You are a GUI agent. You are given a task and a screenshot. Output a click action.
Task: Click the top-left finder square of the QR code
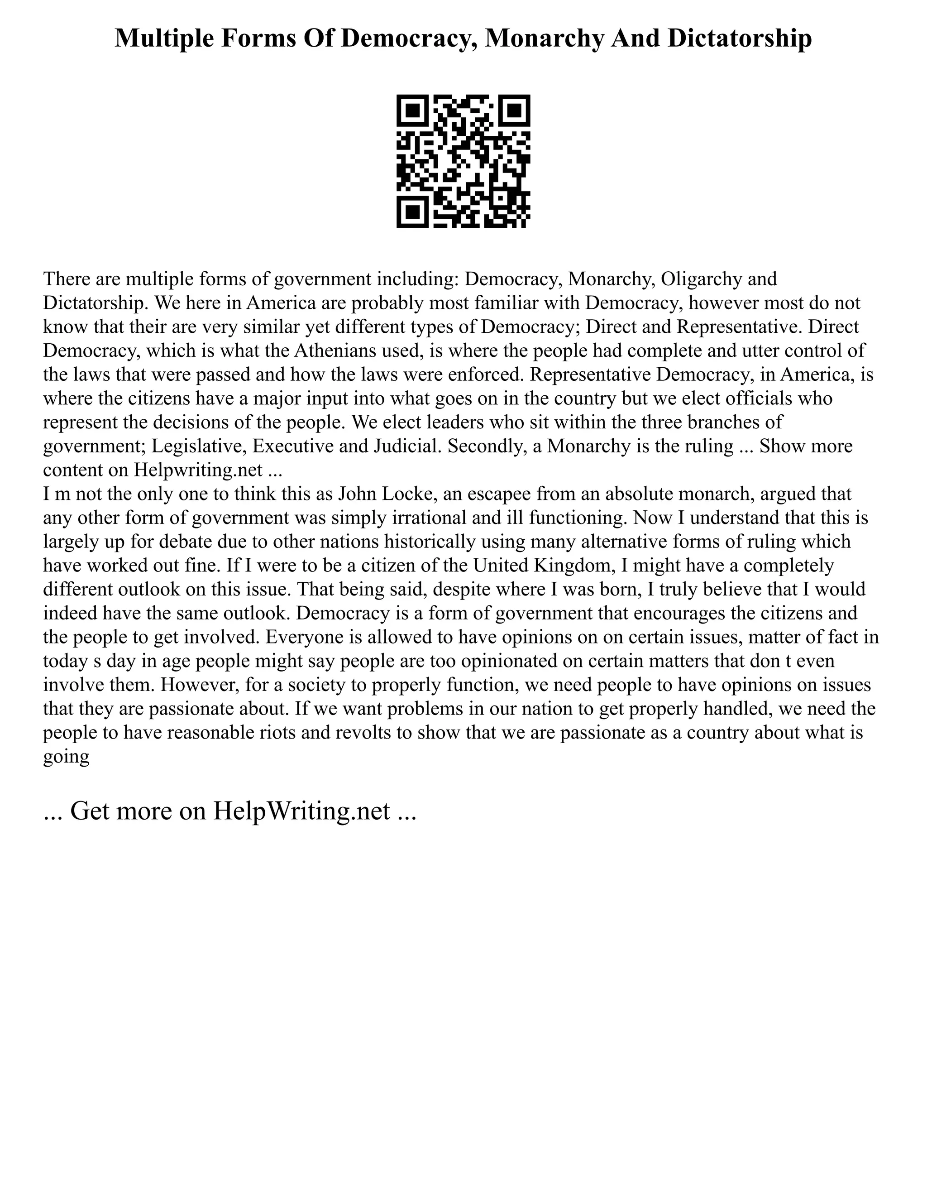(412, 110)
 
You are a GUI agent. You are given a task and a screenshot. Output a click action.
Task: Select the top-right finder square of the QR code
(515, 110)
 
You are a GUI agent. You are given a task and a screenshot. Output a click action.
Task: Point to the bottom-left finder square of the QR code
(412, 213)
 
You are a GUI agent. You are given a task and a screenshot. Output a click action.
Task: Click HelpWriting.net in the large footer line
(301, 811)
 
